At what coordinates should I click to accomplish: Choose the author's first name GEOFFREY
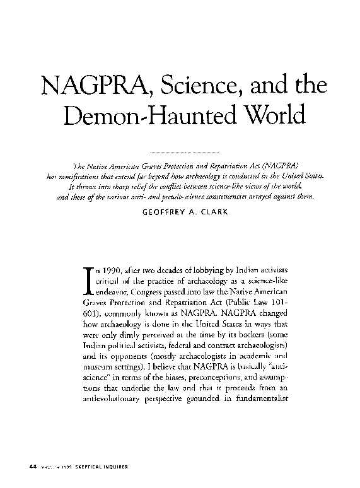[x=163, y=212]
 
